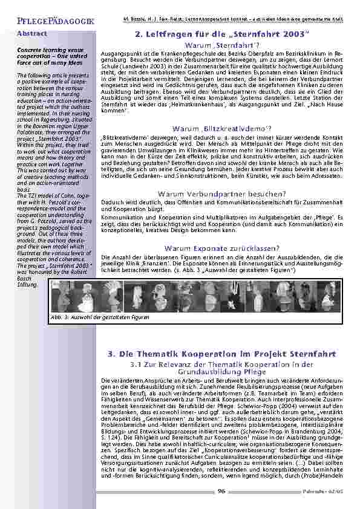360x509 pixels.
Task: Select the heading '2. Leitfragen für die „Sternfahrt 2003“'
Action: coord(222,36)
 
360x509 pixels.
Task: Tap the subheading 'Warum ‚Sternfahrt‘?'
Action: coord(222,45)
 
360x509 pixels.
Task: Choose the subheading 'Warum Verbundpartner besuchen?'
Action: coord(222,193)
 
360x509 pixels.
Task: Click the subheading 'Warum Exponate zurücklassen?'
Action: coord(222,248)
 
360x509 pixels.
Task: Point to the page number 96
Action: coord(221,490)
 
